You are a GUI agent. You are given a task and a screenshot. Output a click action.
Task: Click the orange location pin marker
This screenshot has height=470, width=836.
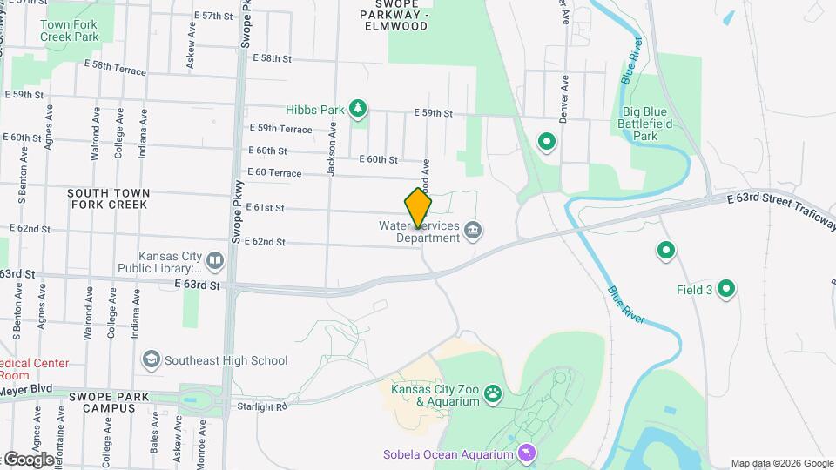pyautogui.click(x=418, y=207)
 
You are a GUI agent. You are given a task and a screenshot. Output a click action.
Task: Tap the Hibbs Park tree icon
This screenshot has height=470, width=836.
pyautogui.click(x=357, y=109)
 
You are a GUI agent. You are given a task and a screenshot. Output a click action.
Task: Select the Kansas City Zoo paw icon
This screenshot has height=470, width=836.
pyautogui.click(x=494, y=394)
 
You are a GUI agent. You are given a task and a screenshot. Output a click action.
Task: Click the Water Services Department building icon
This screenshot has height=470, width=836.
pyautogui.click(x=474, y=231)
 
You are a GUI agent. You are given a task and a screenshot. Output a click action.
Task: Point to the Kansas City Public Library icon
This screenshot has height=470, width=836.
pyautogui.click(x=215, y=259)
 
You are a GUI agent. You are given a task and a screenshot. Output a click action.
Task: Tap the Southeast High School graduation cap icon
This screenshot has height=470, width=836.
pyautogui.click(x=152, y=359)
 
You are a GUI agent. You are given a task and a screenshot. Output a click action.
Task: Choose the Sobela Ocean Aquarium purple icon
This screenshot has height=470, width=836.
pyautogui.click(x=527, y=453)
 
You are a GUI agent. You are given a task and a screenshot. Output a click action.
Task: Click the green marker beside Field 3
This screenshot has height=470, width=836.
pyautogui.click(x=725, y=289)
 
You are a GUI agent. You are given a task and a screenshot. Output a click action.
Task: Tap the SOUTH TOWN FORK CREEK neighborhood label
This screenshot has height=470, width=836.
pyautogui.click(x=109, y=198)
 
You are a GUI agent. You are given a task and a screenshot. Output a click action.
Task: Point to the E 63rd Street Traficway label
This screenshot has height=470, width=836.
pyautogui.click(x=780, y=212)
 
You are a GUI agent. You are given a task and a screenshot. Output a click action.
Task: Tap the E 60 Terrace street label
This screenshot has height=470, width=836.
pyautogui.click(x=274, y=173)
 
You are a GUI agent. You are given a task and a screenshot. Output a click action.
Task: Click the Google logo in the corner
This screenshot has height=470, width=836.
pyautogui.click(x=28, y=459)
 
